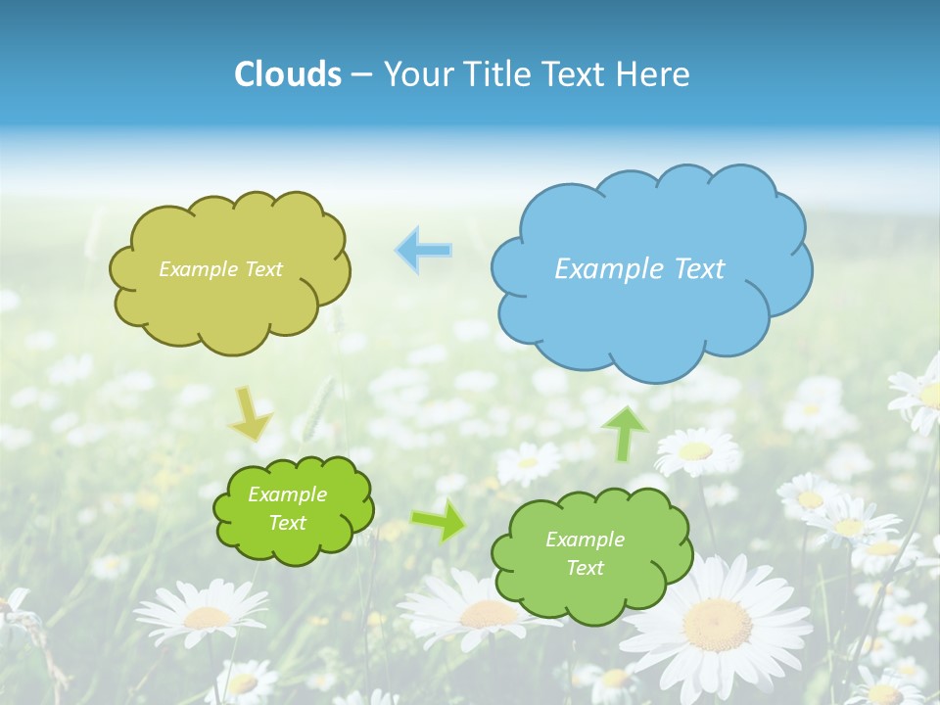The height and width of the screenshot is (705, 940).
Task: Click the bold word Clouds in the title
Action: [288, 74]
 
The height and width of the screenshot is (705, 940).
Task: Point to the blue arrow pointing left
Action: [424, 251]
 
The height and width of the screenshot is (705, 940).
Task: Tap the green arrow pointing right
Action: [440, 520]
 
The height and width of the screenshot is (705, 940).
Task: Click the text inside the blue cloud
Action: [639, 269]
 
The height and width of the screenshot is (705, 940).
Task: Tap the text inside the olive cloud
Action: [220, 269]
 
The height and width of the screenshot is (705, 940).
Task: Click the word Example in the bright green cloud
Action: [287, 495]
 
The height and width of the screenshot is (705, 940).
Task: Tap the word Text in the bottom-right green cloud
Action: [585, 568]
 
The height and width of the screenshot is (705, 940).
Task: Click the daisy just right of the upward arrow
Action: [696, 450]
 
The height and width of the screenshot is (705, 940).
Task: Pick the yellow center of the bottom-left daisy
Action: [207, 618]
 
